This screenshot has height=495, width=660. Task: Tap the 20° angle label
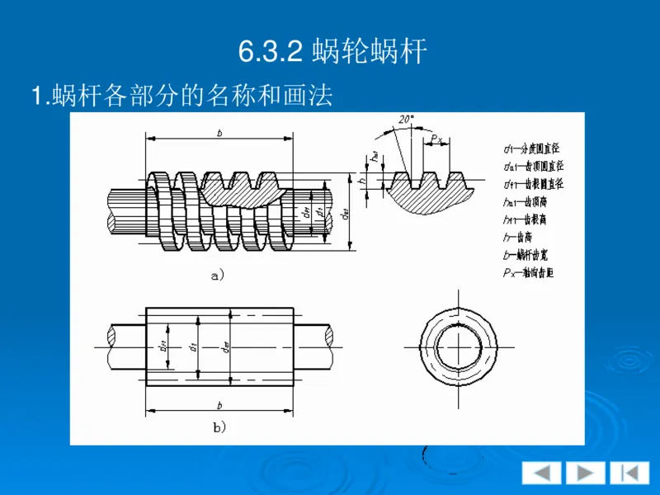click(x=406, y=120)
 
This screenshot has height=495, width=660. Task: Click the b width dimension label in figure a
click(x=219, y=132)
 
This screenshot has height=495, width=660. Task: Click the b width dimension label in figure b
click(x=219, y=405)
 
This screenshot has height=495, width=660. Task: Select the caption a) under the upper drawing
click(x=218, y=277)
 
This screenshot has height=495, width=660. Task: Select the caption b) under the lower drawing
click(x=219, y=427)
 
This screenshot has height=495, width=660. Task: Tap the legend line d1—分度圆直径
click(x=532, y=149)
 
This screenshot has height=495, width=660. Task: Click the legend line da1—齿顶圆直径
click(x=533, y=167)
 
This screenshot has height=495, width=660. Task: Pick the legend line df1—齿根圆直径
click(x=533, y=184)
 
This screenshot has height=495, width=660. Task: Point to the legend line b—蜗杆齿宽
click(x=528, y=255)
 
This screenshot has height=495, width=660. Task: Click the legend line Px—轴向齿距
click(x=528, y=272)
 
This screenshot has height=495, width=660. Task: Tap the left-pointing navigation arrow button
click(x=541, y=473)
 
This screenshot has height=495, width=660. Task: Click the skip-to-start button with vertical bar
click(x=629, y=473)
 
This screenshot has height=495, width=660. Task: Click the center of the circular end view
click(x=457, y=346)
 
